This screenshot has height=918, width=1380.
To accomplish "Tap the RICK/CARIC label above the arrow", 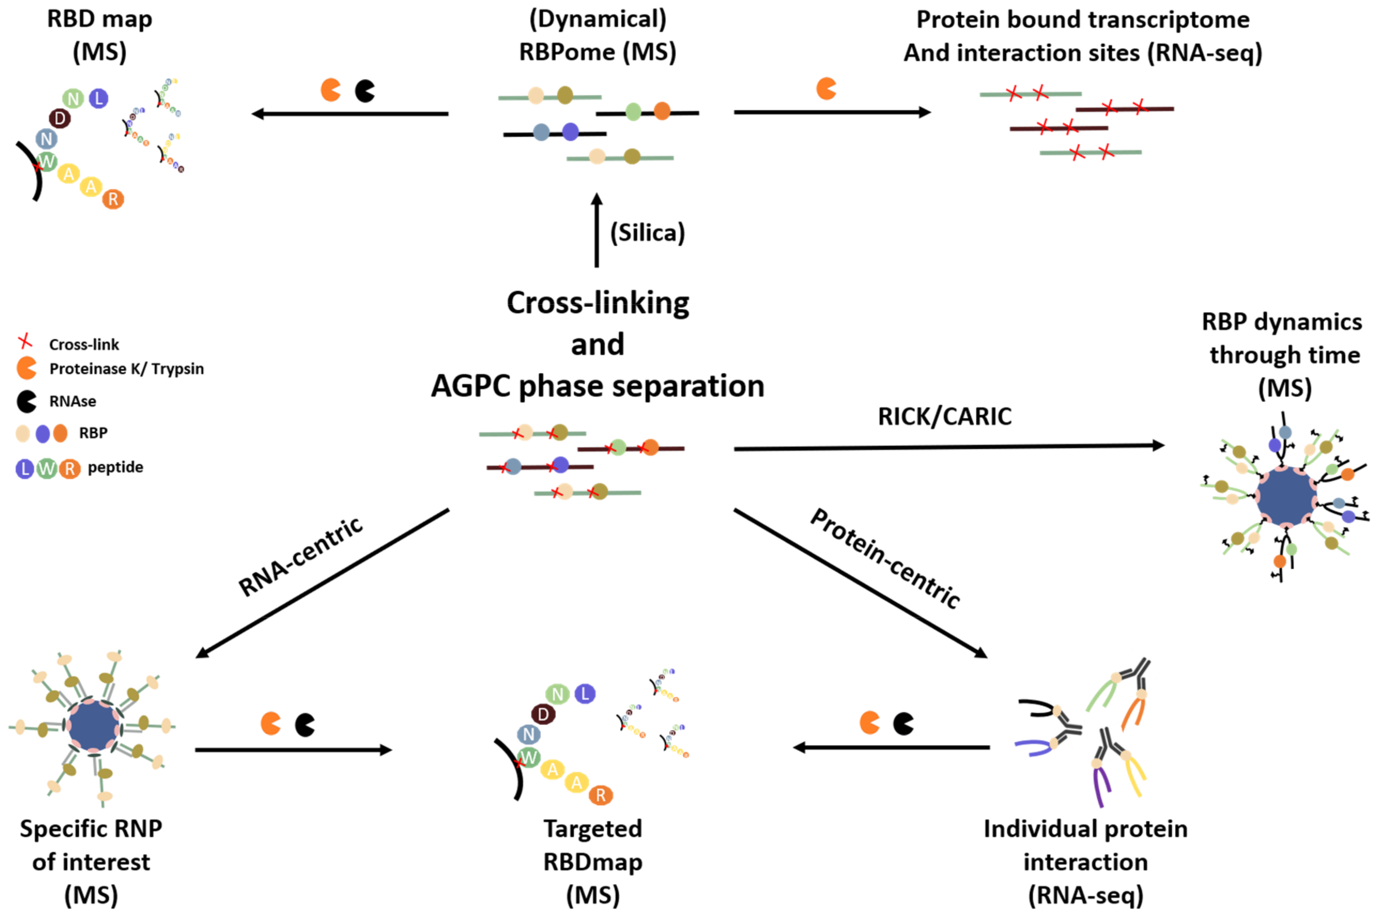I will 944,417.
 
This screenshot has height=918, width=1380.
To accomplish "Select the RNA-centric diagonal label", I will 300,557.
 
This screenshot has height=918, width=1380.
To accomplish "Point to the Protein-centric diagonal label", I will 884,558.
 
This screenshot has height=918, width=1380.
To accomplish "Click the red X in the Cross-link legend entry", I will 25,341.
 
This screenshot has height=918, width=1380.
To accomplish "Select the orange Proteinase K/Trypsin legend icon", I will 26,368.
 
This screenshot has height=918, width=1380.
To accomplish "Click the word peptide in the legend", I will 115,468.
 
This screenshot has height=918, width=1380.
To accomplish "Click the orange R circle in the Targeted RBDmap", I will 600,795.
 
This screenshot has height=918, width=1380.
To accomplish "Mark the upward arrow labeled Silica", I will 596,231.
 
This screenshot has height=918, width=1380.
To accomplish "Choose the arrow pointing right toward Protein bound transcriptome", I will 832,112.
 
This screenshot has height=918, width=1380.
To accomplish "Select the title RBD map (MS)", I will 100,35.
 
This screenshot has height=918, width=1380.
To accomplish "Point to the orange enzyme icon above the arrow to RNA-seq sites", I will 826,88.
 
